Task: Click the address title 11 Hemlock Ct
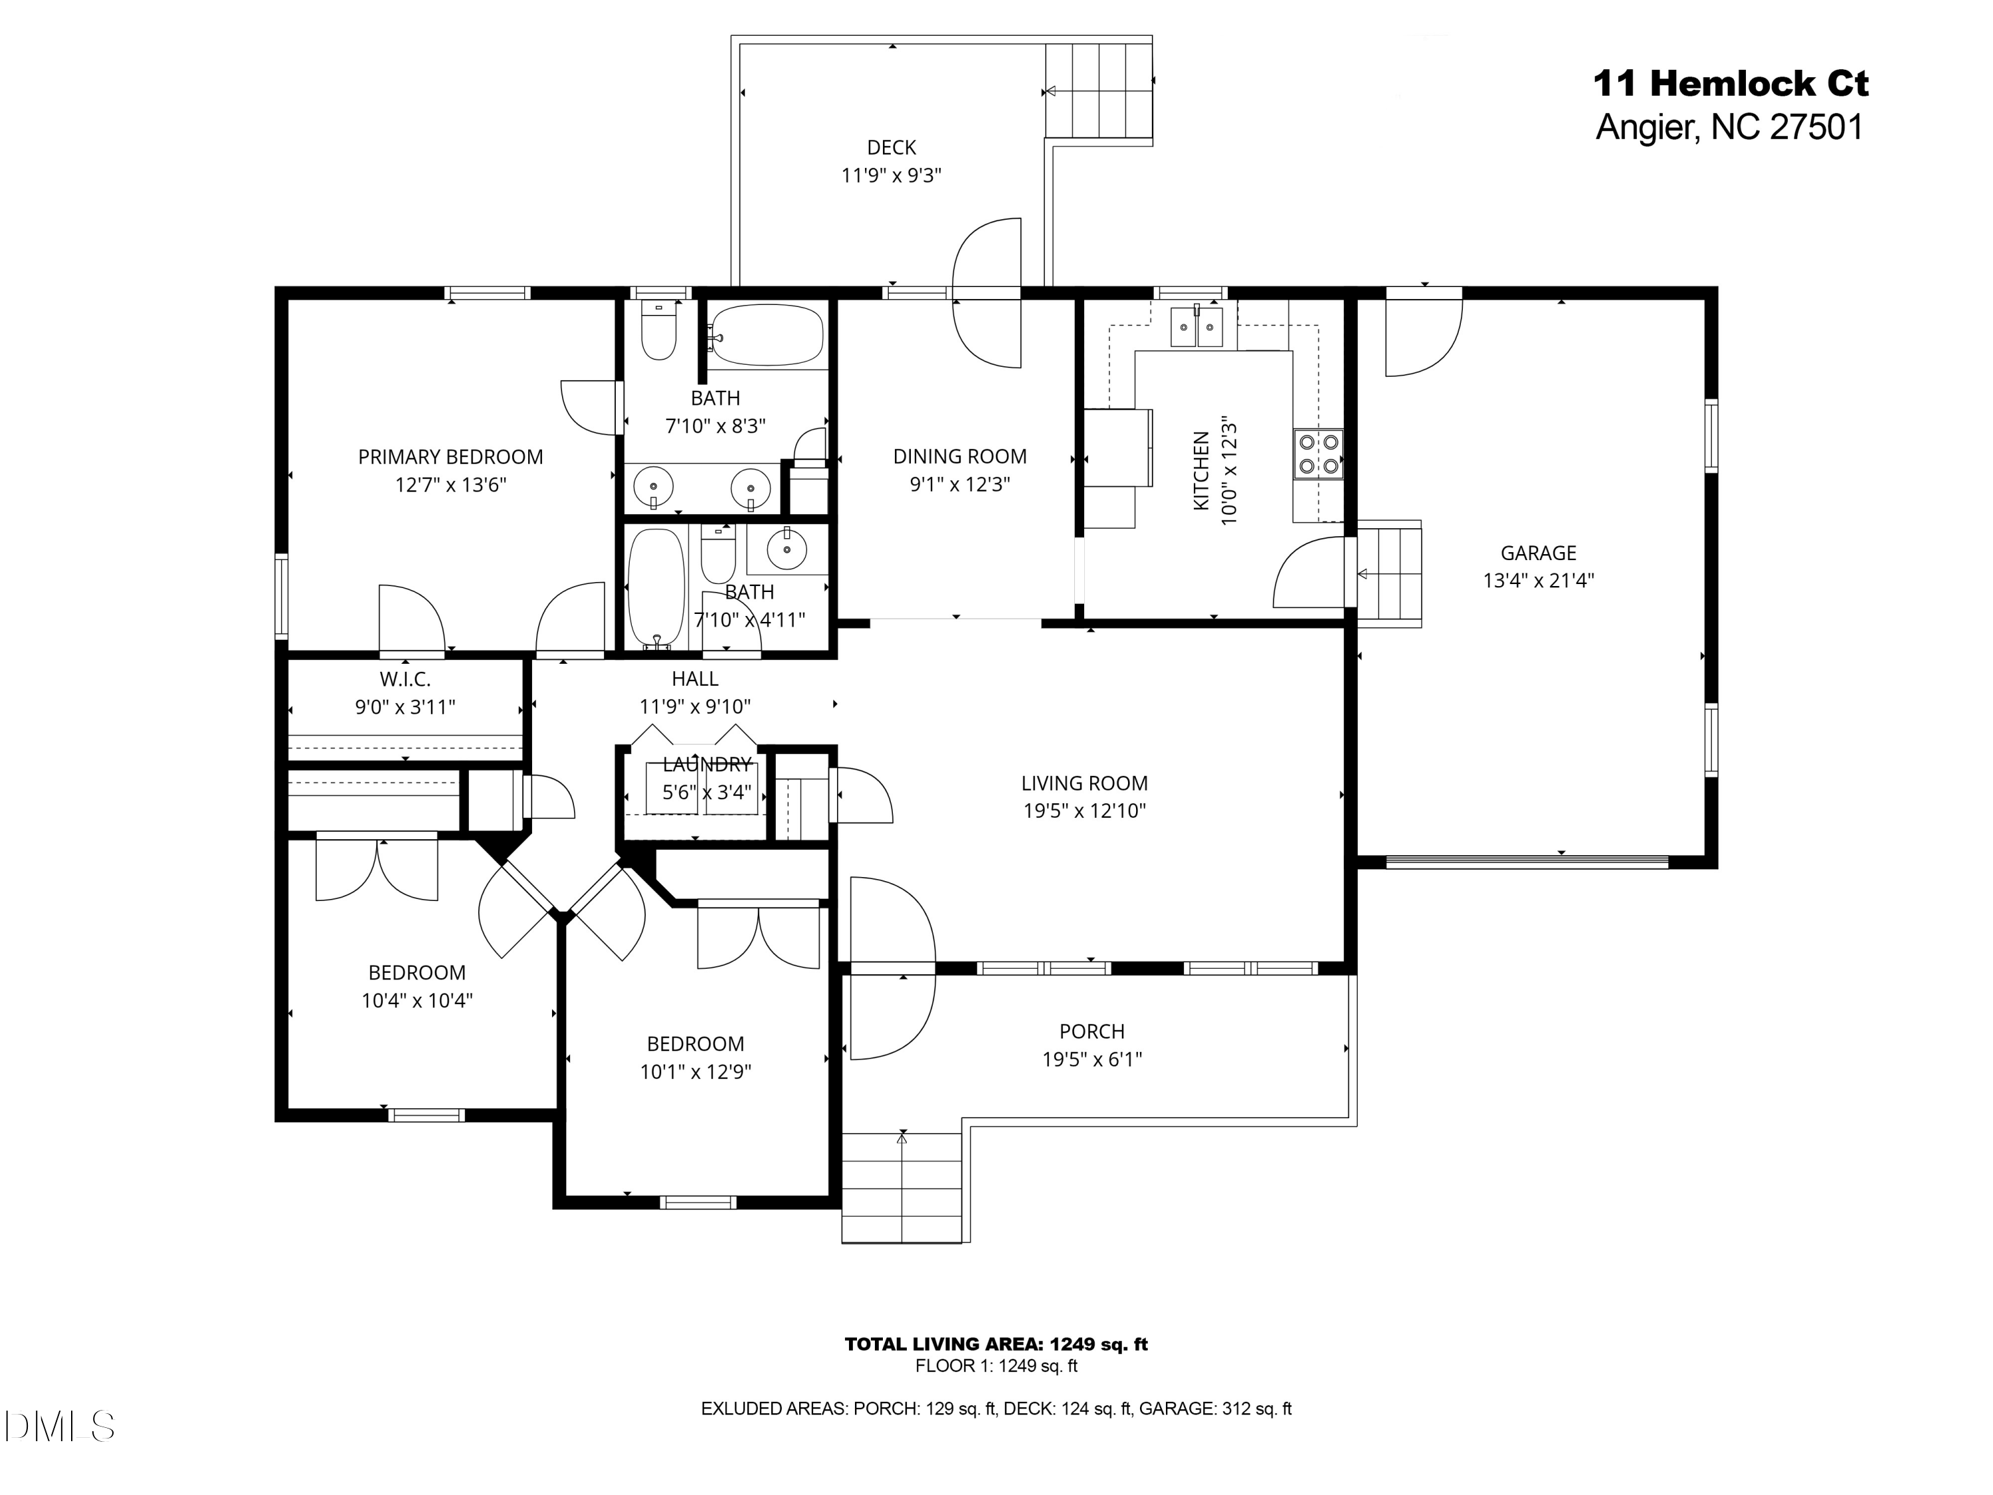[x=1730, y=84]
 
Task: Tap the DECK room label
[x=891, y=147]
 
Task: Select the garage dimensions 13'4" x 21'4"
[x=1538, y=580]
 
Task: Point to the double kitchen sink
[x=1196, y=326]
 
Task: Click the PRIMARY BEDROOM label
[x=450, y=457]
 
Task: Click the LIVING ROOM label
[x=1084, y=783]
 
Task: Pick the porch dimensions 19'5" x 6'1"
[x=1092, y=1059]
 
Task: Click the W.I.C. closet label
[x=405, y=678]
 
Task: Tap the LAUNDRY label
[x=706, y=764]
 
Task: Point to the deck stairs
[x=1099, y=90]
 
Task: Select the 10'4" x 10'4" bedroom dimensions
[x=417, y=1000]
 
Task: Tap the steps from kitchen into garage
[x=1388, y=573]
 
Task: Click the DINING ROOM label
[x=959, y=457]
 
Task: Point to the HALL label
[x=695, y=678]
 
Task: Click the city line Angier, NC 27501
[x=1729, y=127]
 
